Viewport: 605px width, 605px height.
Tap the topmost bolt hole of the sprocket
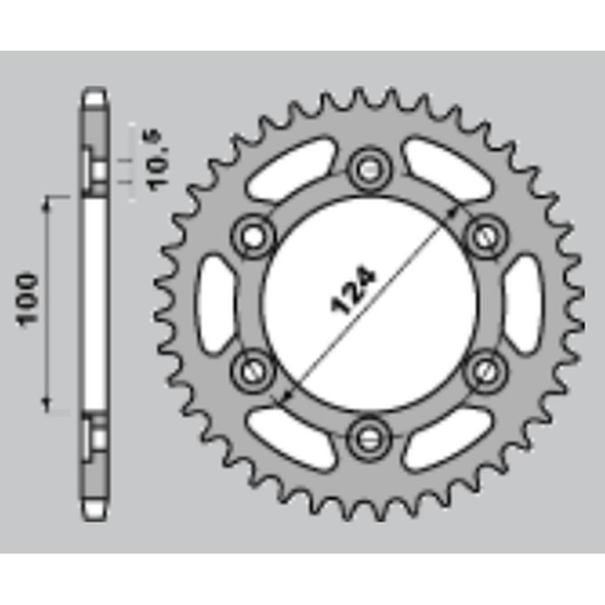(370, 168)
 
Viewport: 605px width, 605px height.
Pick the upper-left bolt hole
(253, 235)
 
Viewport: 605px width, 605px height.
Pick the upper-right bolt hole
(486, 235)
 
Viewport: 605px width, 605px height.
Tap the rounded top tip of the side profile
(95, 95)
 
